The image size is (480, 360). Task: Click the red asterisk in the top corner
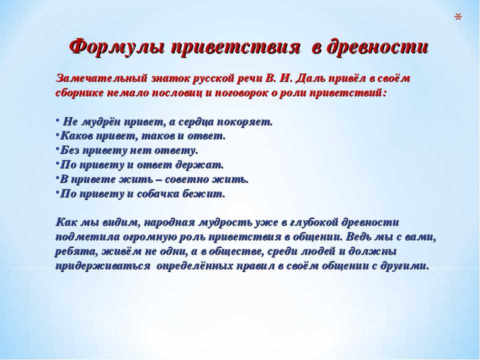[x=458, y=17]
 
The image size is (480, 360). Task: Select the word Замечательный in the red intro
[x=102, y=78]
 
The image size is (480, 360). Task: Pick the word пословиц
[x=177, y=93]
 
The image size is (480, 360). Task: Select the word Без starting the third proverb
[x=70, y=150]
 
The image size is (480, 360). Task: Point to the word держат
[x=199, y=164]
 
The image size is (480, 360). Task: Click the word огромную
[x=145, y=237]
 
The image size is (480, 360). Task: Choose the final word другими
[x=404, y=266]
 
